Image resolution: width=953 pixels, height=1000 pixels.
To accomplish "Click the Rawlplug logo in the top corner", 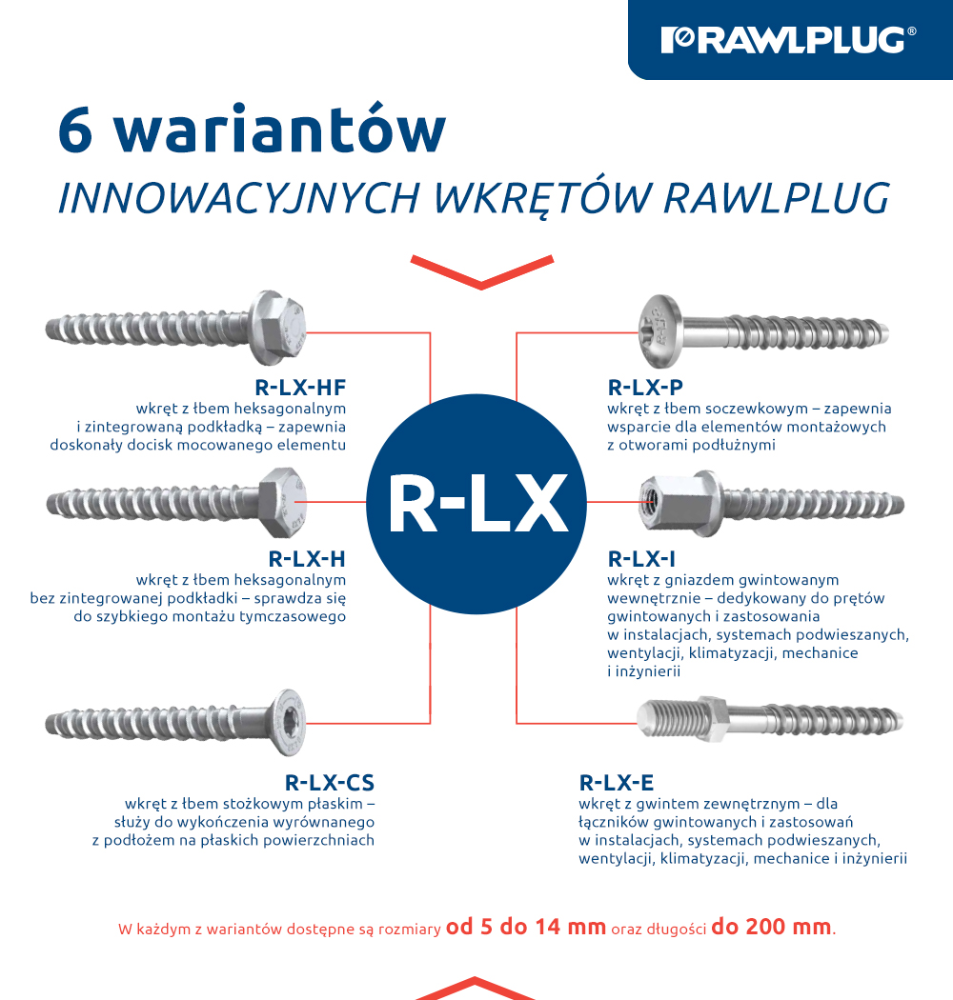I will click(x=789, y=39).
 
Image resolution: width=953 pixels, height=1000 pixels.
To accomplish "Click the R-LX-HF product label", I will click(x=300, y=387).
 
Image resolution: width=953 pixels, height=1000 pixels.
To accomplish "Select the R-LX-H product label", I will click(x=307, y=558).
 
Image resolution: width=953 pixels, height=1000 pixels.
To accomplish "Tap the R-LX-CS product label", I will click(x=330, y=783).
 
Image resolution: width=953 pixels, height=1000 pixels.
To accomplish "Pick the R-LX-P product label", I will click(x=645, y=387).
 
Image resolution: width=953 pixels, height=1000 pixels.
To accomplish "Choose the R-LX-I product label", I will click(x=641, y=558).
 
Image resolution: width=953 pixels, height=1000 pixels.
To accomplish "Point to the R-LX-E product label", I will click(x=617, y=783).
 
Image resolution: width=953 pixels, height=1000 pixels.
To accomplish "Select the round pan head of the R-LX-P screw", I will click(x=659, y=325).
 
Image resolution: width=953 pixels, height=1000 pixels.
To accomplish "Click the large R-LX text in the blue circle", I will click(x=476, y=504).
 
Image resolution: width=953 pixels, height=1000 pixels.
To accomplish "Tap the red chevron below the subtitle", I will click(x=481, y=270).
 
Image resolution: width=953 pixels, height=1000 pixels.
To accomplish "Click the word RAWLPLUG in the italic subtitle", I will click(x=776, y=196).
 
